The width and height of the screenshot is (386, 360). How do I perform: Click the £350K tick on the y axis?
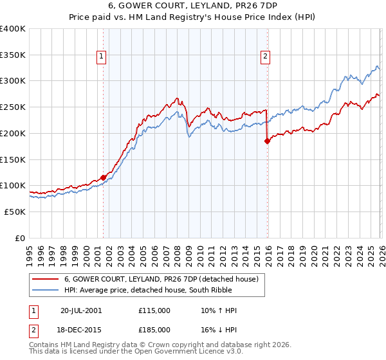(x=13, y=55)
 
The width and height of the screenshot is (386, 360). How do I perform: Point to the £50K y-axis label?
(x=14, y=212)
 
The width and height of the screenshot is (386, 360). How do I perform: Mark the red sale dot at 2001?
(x=103, y=177)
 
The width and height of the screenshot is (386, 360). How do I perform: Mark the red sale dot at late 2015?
(x=267, y=141)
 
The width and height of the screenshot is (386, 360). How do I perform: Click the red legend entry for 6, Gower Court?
(x=161, y=279)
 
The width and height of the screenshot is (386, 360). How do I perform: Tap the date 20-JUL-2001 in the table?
(x=81, y=310)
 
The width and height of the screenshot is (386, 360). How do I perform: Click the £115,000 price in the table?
(x=154, y=310)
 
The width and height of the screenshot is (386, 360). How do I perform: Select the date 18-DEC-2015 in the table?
(x=81, y=328)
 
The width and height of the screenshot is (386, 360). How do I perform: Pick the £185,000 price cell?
(x=154, y=328)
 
